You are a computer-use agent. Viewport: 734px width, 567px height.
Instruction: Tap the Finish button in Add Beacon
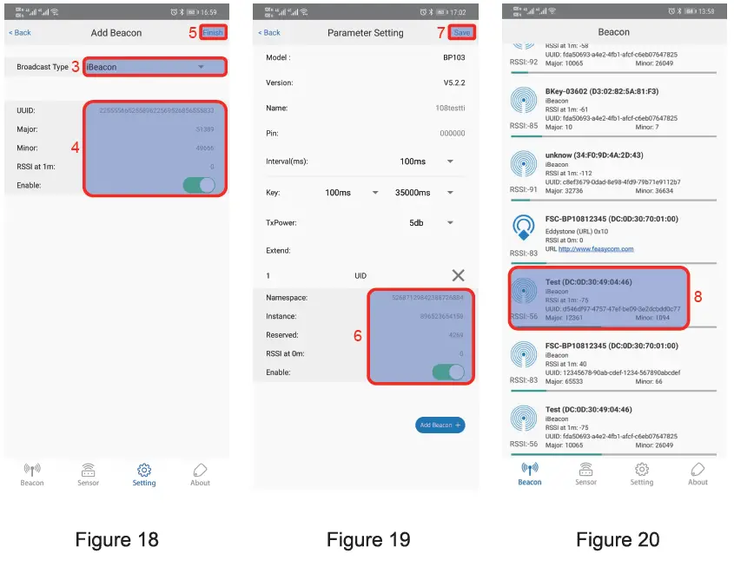[x=213, y=32]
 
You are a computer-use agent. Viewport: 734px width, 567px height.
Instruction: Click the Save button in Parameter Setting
[x=462, y=32]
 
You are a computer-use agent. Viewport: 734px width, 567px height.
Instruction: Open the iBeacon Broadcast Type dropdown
[x=155, y=67]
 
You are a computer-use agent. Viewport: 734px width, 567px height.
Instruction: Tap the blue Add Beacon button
[x=440, y=425]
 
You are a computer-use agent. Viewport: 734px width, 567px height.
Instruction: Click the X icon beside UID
[x=458, y=275]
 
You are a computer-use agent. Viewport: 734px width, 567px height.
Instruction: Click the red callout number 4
[x=76, y=148]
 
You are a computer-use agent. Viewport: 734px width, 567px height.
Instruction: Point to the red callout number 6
[x=357, y=336]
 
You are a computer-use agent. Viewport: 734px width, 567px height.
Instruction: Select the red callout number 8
[x=698, y=297]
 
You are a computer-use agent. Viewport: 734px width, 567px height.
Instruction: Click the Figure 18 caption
[x=117, y=539]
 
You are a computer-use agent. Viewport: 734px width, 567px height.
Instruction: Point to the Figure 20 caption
[x=618, y=539]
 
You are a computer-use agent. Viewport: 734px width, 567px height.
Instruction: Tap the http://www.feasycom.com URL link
[x=596, y=248]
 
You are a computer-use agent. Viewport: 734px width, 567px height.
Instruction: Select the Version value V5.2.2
[x=453, y=82]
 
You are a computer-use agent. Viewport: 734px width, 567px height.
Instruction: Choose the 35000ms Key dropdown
[x=423, y=193]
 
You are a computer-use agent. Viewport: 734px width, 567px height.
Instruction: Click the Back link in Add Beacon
[x=20, y=32]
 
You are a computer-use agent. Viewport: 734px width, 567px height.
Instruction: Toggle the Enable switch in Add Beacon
[x=199, y=185]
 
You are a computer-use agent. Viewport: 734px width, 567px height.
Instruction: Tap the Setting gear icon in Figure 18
[x=144, y=470]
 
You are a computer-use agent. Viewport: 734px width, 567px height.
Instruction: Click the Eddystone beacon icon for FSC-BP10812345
[x=523, y=228]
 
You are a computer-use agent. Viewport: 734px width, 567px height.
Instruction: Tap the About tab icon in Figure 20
[x=698, y=470]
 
